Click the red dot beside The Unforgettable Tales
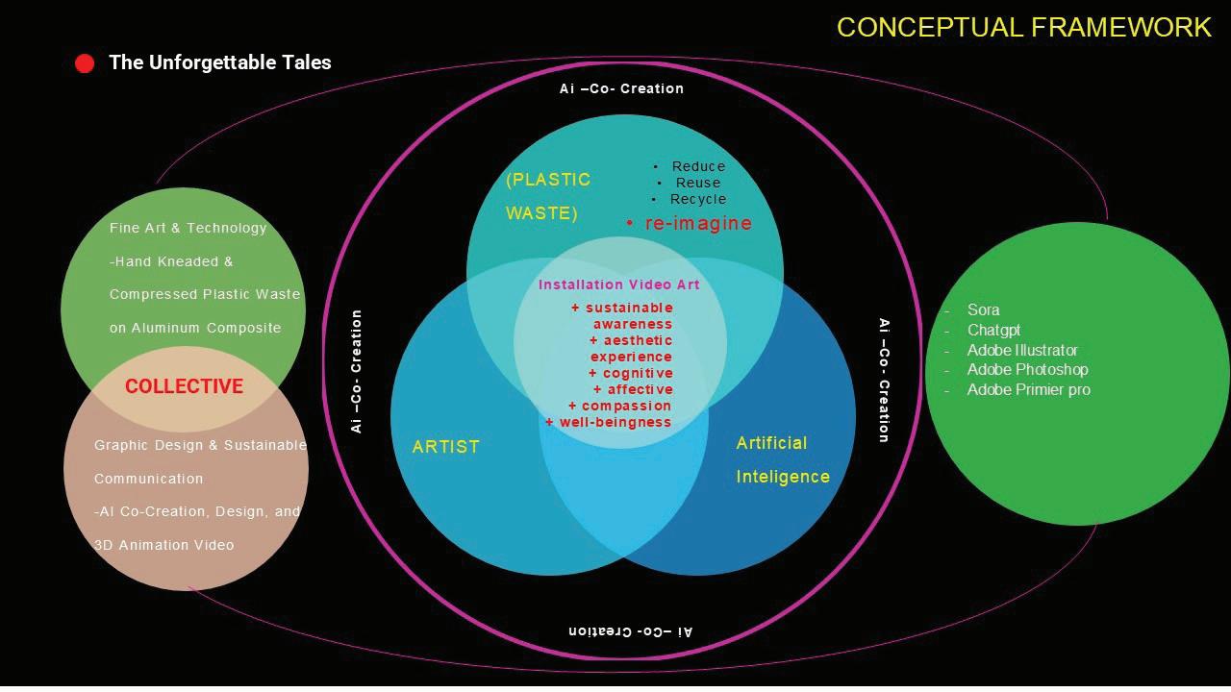pyautogui.click(x=85, y=64)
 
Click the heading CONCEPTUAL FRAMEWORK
pyautogui.click(x=1023, y=27)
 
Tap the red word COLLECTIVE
pyautogui.click(x=184, y=386)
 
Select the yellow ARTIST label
pyautogui.click(x=445, y=447)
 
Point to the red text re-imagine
pyautogui.click(x=698, y=223)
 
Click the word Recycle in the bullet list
pyautogui.click(x=698, y=199)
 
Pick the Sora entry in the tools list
pyautogui.click(x=983, y=309)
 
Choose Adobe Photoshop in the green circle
pyautogui.click(x=1027, y=369)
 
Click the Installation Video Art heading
pyautogui.click(x=619, y=284)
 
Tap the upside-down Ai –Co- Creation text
pyautogui.click(x=630, y=631)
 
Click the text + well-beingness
pyautogui.click(x=608, y=422)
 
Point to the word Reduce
pyautogui.click(x=698, y=166)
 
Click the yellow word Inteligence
pyautogui.click(x=783, y=477)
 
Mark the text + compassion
pyautogui.click(x=619, y=406)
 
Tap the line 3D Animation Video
pyautogui.click(x=163, y=545)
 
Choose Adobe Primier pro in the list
pyautogui.click(x=1028, y=389)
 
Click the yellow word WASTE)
pyautogui.click(x=541, y=213)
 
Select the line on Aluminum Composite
pyautogui.click(x=195, y=328)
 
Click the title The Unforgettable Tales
pyautogui.click(x=220, y=62)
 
